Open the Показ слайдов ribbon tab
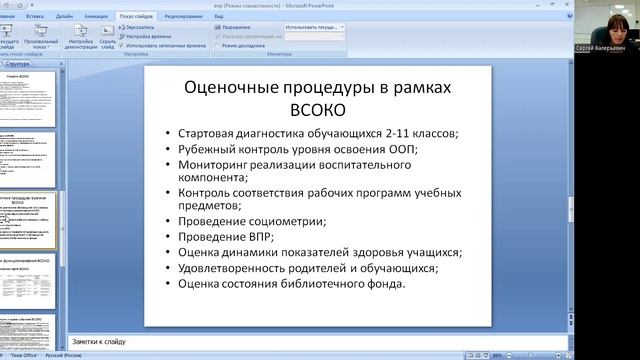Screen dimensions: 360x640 [136, 17]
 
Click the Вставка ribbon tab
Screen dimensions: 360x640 [34, 17]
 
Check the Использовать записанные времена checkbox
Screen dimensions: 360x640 [122, 45]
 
